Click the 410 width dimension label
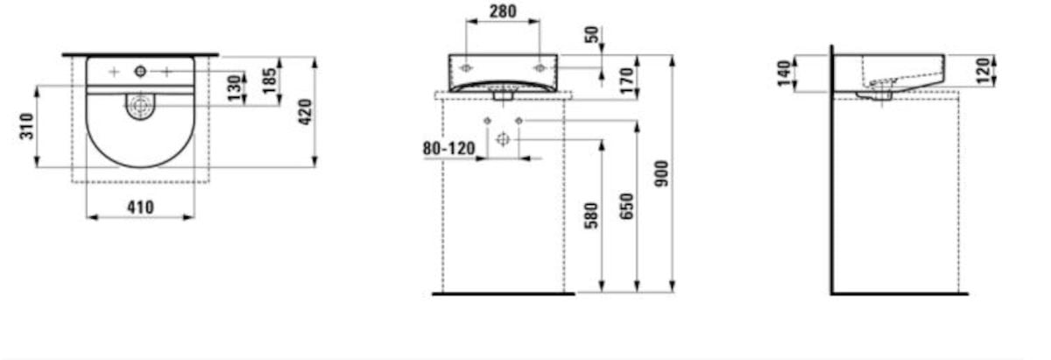140,207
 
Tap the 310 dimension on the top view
27,126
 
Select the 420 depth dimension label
305,112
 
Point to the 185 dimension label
270,81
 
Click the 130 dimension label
233,88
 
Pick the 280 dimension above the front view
503,11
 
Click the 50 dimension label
592,34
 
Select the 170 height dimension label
626,81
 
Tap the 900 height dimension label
661,173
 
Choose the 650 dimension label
626,206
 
